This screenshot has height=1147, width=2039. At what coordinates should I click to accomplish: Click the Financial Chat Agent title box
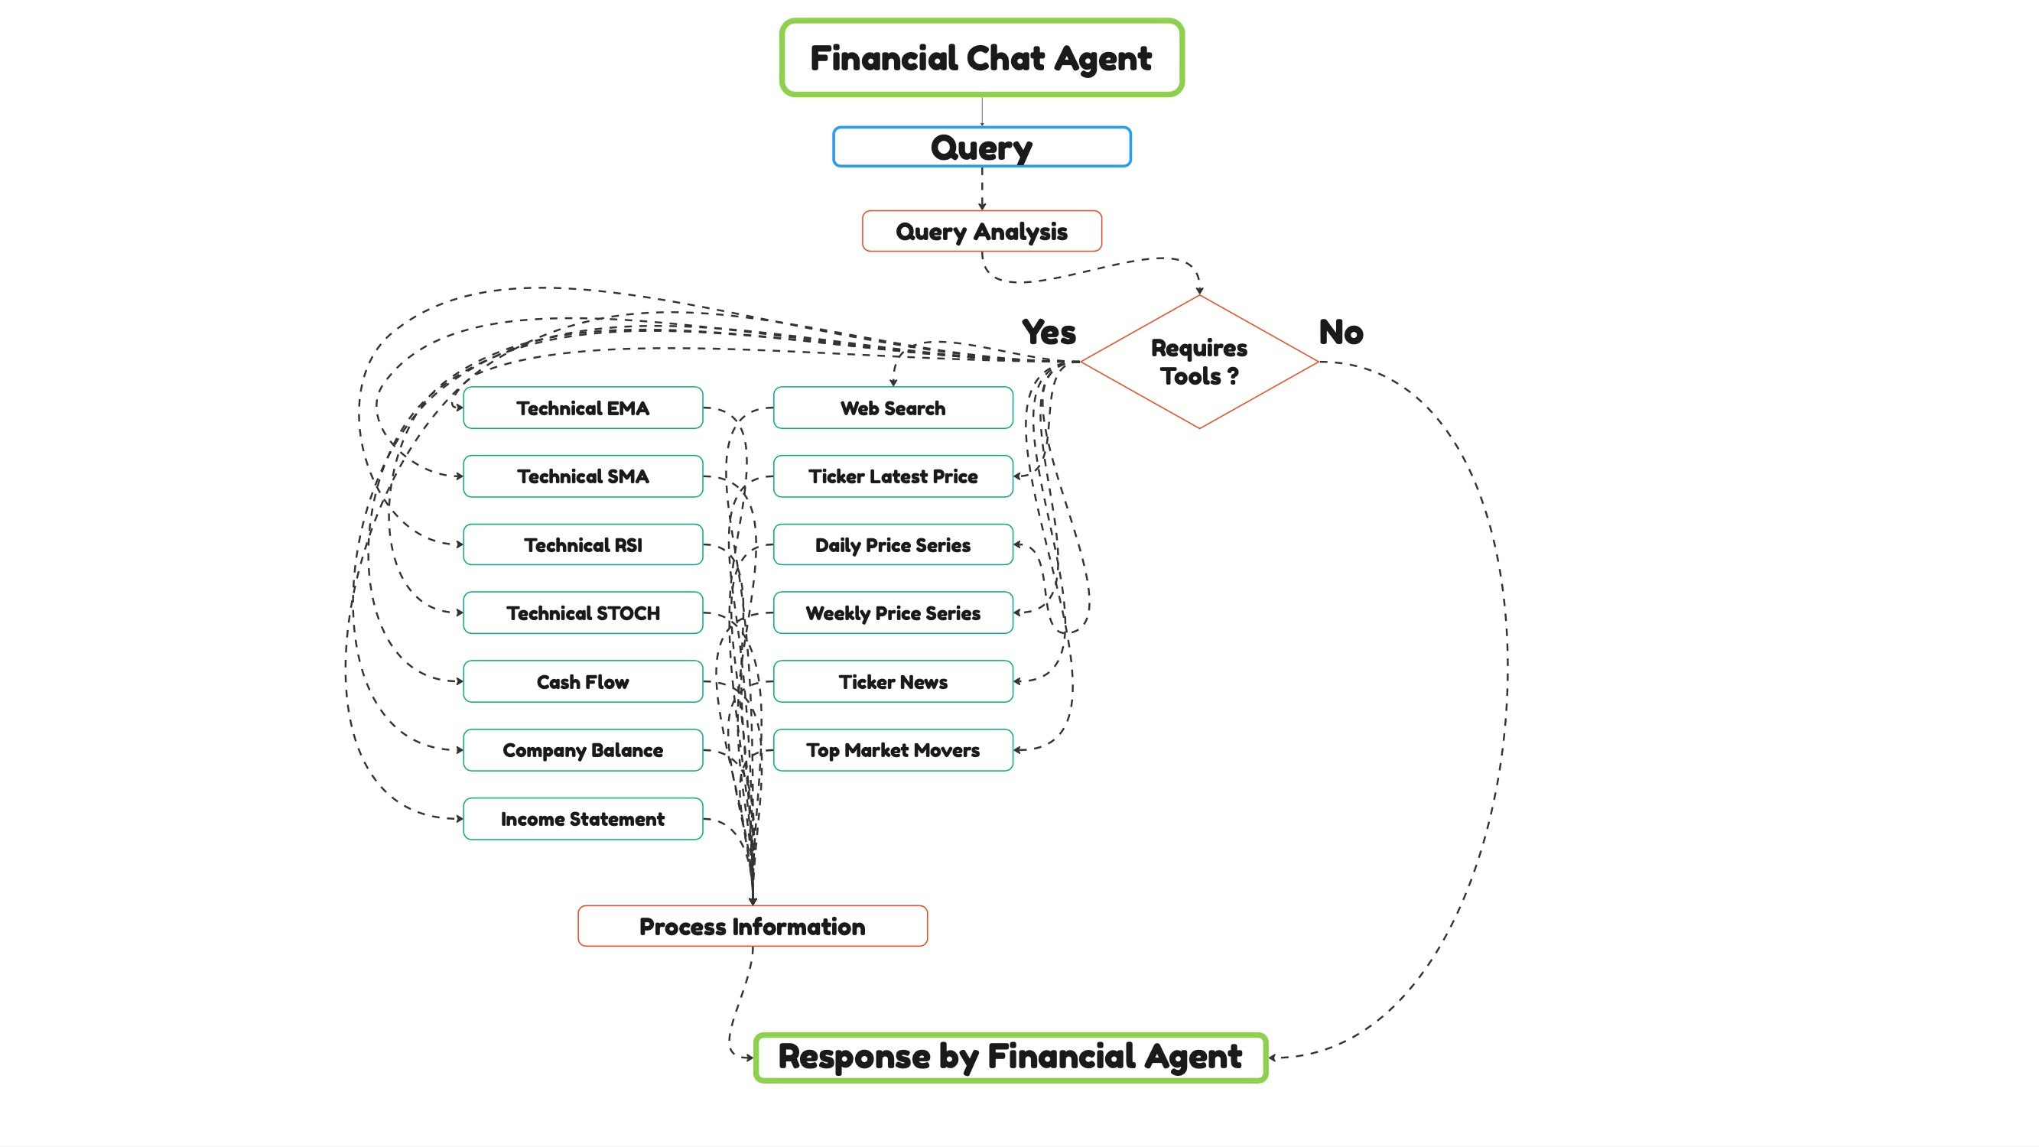(981, 58)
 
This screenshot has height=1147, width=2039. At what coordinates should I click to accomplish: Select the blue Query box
(981, 148)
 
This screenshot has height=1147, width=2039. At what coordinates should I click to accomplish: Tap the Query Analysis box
(981, 231)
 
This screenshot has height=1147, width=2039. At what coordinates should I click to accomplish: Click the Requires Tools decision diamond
(1199, 362)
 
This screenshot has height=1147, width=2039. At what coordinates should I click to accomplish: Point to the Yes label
(1049, 333)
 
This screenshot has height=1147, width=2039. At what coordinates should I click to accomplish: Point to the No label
(1341, 333)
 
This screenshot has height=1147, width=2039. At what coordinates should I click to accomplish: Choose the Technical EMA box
(583, 408)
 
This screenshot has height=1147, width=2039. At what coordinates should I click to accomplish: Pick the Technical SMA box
(583, 476)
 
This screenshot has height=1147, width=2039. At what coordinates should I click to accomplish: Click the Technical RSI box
(583, 544)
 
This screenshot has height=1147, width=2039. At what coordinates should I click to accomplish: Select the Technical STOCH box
(583, 612)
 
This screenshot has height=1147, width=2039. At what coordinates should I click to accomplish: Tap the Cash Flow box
(583, 681)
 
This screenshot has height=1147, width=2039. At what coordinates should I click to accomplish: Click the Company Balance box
(583, 749)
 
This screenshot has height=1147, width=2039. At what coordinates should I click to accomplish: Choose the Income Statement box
(583, 818)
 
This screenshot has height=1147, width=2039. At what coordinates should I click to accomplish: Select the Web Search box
(893, 408)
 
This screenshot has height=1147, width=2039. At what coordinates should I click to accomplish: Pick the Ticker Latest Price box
(893, 476)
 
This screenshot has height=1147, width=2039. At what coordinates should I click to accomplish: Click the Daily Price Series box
(893, 544)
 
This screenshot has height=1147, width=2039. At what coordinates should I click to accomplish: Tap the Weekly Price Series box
(893, 612)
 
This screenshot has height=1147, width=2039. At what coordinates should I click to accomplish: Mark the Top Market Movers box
(893, 749)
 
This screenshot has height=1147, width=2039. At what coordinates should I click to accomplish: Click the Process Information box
(752, 926)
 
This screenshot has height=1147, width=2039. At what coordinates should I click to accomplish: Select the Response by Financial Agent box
(1010, 1057)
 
